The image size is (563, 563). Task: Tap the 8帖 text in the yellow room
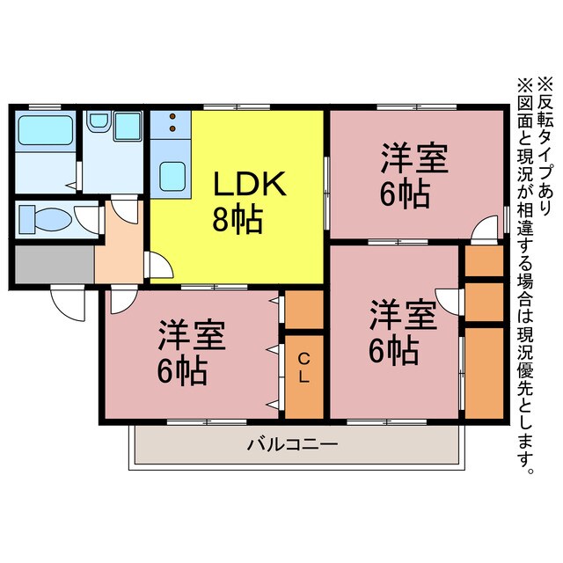(x=238, y=220)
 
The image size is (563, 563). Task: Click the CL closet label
(x=303, y=369)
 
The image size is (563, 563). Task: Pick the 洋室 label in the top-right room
(x=414, y=159)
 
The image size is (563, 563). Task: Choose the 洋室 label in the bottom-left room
(x=192, y=335)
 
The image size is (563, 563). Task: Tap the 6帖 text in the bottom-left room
(x=182, y=372)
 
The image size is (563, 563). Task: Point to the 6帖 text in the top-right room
(x=405, y=194)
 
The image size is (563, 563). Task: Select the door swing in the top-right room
(x=484, y=230)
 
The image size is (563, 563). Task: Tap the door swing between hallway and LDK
(x=157, y=265)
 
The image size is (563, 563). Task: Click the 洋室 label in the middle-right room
(x=402, y=314)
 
